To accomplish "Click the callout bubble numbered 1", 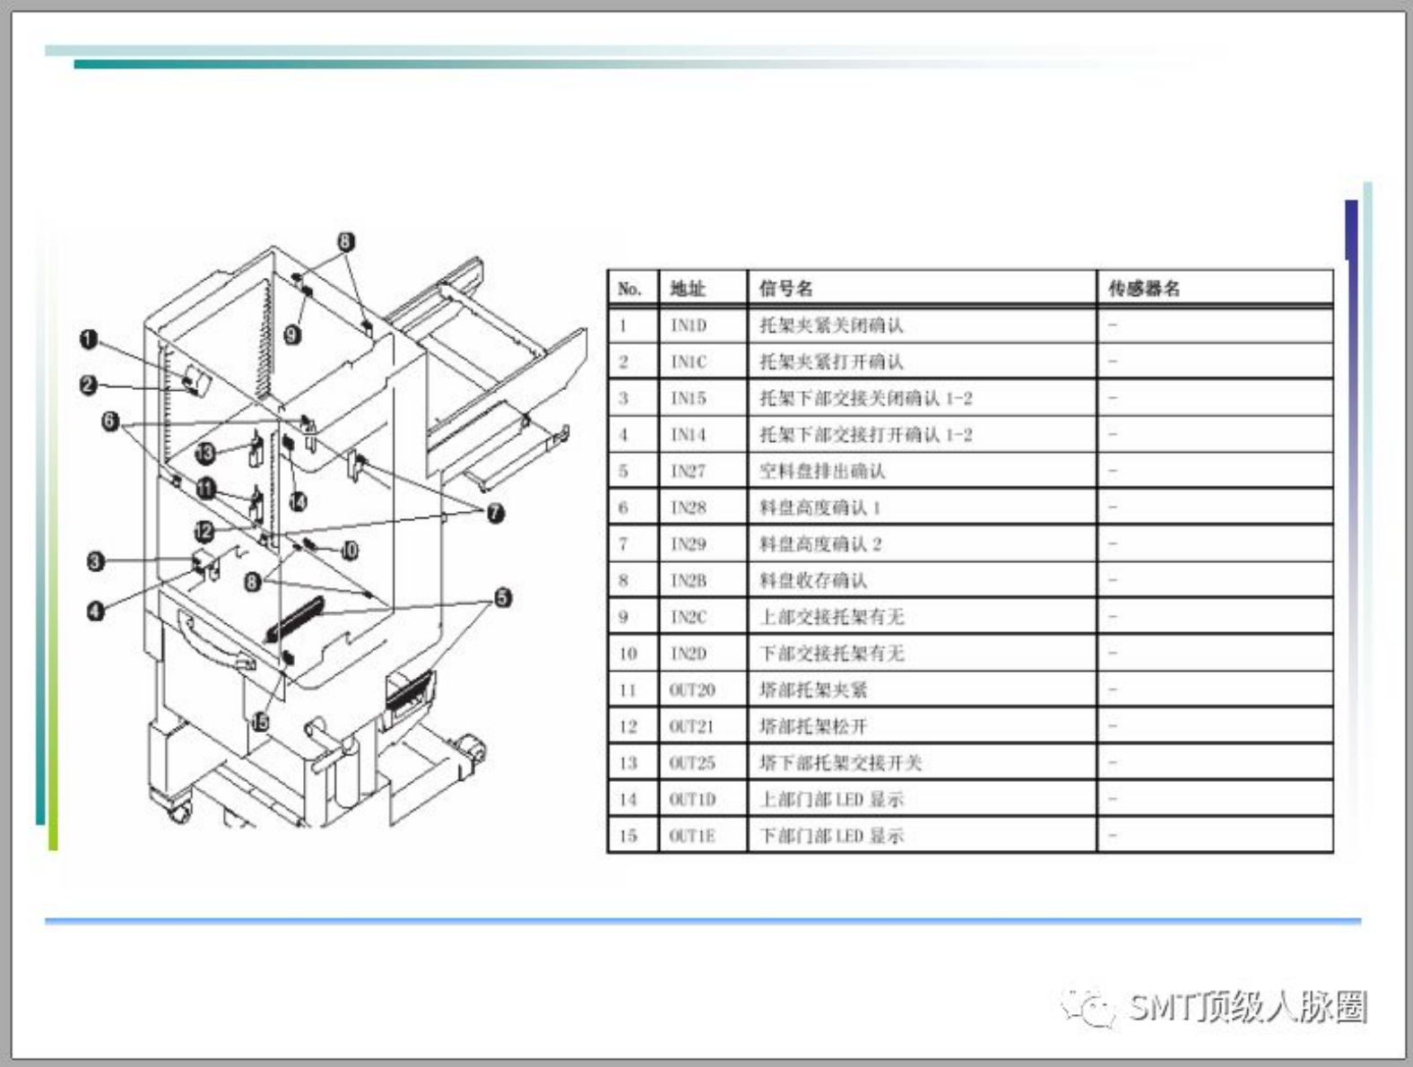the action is [88, 340].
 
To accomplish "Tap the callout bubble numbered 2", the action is [88, 386].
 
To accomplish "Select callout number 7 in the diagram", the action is [495, 513].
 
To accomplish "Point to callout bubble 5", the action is [503, 597].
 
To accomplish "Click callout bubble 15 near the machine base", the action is [259, 721].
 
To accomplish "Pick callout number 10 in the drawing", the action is [350, 551].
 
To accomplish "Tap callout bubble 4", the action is [95, 612].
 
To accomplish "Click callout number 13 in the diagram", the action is [205, 453].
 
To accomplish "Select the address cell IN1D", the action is [689, 325].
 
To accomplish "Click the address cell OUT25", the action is [692, 763].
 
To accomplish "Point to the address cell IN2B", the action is [689, 581].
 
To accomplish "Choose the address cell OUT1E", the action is [692, 836].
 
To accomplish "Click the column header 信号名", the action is [786, 289].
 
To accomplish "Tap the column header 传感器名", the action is [1144, 289].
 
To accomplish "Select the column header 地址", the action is [688, 289].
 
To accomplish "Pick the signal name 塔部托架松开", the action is [813, 726].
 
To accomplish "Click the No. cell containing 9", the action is [623, 617].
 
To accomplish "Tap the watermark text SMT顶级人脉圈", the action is [1246, 1007].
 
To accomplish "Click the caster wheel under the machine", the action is [179, 812].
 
